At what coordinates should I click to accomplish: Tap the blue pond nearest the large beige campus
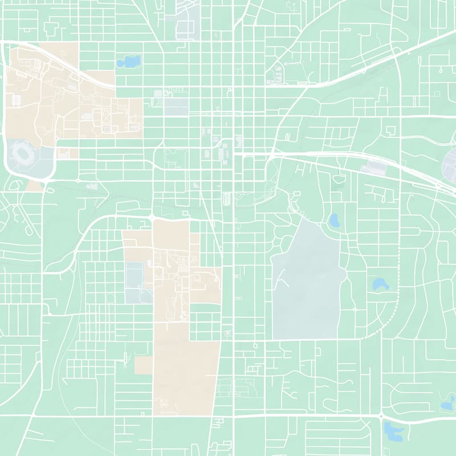(x=128, y=60)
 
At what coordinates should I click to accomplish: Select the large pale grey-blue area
(x=308, y=279)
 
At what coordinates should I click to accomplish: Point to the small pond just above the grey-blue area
(x=334, y=219)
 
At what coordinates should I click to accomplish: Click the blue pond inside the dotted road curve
(x=379, y=283)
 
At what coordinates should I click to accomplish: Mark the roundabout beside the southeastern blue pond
(x=381, y=417)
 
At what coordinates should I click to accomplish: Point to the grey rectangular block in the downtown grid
(x=177, y=107)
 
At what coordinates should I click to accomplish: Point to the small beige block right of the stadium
(x=68, y=153)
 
